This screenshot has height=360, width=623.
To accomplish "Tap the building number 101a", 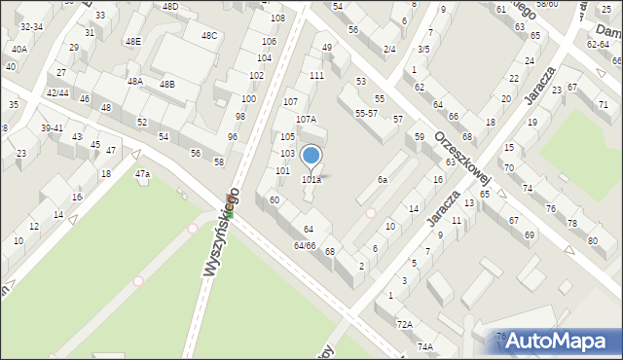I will coord(311,180).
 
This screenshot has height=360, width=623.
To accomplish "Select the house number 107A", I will coord(306,119).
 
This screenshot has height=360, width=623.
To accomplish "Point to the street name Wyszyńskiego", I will coord(223,231).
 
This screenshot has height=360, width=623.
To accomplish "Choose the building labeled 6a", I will coord(384,180).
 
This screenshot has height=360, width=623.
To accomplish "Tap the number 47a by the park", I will coord(142,173).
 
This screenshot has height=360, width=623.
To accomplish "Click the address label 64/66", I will coord(305,245).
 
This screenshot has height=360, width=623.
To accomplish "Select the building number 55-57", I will coord(366,114).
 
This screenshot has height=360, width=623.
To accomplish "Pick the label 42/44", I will coord(57,92).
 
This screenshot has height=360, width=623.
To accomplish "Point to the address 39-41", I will coord(52,128).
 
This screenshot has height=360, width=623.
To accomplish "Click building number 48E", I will coord(132,41).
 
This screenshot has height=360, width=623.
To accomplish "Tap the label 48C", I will coord(208,35).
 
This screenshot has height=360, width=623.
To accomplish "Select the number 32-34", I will coord(31,27).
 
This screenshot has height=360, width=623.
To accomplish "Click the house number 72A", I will coord(404,323).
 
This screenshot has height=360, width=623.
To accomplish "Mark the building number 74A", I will coord(424,346).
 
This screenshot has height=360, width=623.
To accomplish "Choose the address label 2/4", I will coord(389,49).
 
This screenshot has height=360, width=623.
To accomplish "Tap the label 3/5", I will coord(423,49).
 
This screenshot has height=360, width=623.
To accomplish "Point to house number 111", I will coord(316,75).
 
